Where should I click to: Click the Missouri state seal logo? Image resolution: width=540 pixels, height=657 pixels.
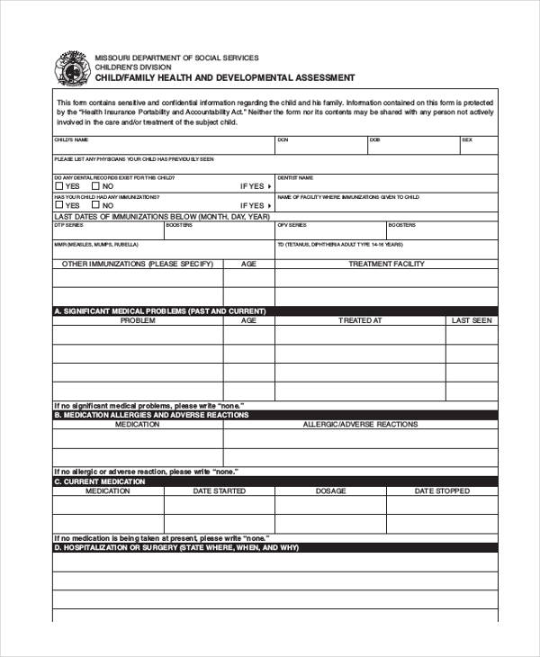72,68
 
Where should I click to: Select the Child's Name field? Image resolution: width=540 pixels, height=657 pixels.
162,146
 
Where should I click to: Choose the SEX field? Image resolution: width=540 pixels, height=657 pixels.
478,146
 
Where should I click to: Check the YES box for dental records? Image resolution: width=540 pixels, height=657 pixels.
58,186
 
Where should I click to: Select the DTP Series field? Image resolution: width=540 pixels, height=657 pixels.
107,230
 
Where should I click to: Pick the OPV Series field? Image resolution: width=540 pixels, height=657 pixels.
329,230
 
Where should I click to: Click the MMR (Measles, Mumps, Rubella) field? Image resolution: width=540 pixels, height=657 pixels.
162,249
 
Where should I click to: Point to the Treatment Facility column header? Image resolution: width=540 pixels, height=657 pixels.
386,264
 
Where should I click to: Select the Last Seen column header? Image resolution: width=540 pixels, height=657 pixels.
471,320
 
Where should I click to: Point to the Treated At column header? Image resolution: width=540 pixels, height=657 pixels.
360,320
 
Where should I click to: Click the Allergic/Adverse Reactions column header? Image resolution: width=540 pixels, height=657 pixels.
360,424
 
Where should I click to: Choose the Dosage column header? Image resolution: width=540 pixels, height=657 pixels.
330,491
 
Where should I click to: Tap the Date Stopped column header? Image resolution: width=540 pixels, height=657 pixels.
441,491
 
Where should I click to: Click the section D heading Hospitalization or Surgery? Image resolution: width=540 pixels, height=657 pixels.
176,547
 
